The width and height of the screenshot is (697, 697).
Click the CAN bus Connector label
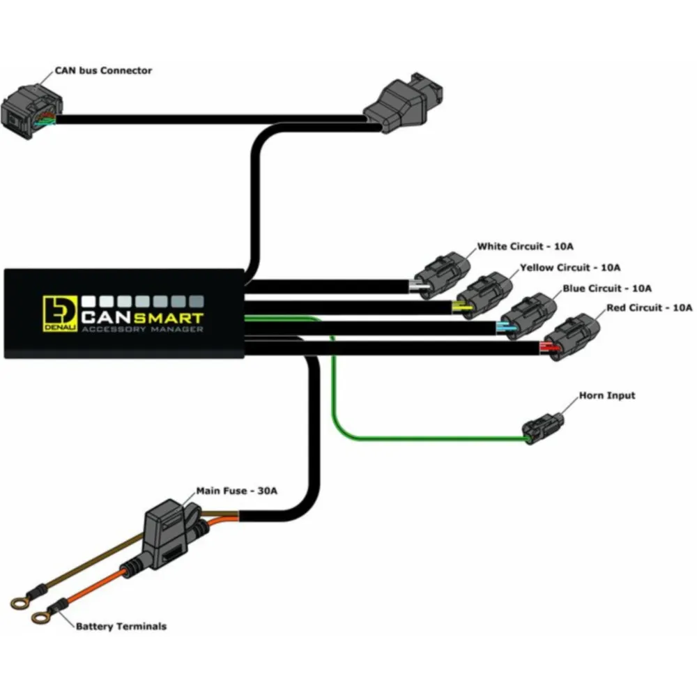tap(103, 70)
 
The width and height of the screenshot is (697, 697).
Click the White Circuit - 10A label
tap(525, 246)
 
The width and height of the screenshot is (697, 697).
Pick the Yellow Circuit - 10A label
tap(570, 268)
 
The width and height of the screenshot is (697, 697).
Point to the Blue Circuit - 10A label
tap(607, 289)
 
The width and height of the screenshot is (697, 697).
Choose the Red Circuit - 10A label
tap(649, 307)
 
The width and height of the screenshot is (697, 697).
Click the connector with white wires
tap(441, 275)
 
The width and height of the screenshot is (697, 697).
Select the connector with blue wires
tap(528, 316)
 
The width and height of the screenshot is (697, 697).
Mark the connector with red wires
tap(572, 337)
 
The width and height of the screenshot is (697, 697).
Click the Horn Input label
tap(607, 396)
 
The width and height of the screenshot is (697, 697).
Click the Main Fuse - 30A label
tap(236, 491)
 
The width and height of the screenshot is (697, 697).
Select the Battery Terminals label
tap(121, 627)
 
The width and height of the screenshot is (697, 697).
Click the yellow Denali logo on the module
tap(60, 314)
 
